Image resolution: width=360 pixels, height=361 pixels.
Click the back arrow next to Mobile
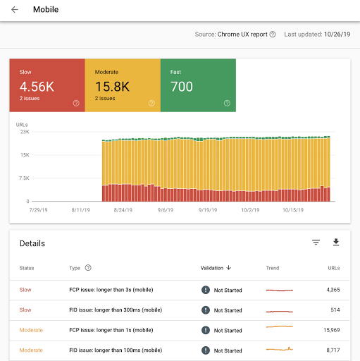click(15, 10)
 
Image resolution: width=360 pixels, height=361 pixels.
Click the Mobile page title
click(46, 10)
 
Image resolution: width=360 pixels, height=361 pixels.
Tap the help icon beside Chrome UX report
click(273, 34)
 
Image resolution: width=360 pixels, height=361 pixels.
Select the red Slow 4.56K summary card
click(46, 85)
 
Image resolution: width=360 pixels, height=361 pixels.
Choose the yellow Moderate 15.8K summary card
click(123, 85)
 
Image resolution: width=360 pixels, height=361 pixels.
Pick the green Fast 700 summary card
click(198, 85)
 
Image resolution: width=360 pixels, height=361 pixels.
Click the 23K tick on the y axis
click(24, 132)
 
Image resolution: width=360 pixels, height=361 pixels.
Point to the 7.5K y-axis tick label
click(23, 178)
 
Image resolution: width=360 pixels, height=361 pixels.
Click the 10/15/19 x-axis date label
click(292, 209)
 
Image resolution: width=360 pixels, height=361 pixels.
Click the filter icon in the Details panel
click(316, 243)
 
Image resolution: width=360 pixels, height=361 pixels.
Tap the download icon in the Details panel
click(336, 243)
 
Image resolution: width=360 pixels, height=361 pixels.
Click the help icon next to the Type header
click(88, 268)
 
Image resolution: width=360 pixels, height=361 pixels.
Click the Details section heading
click(32, 243)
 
